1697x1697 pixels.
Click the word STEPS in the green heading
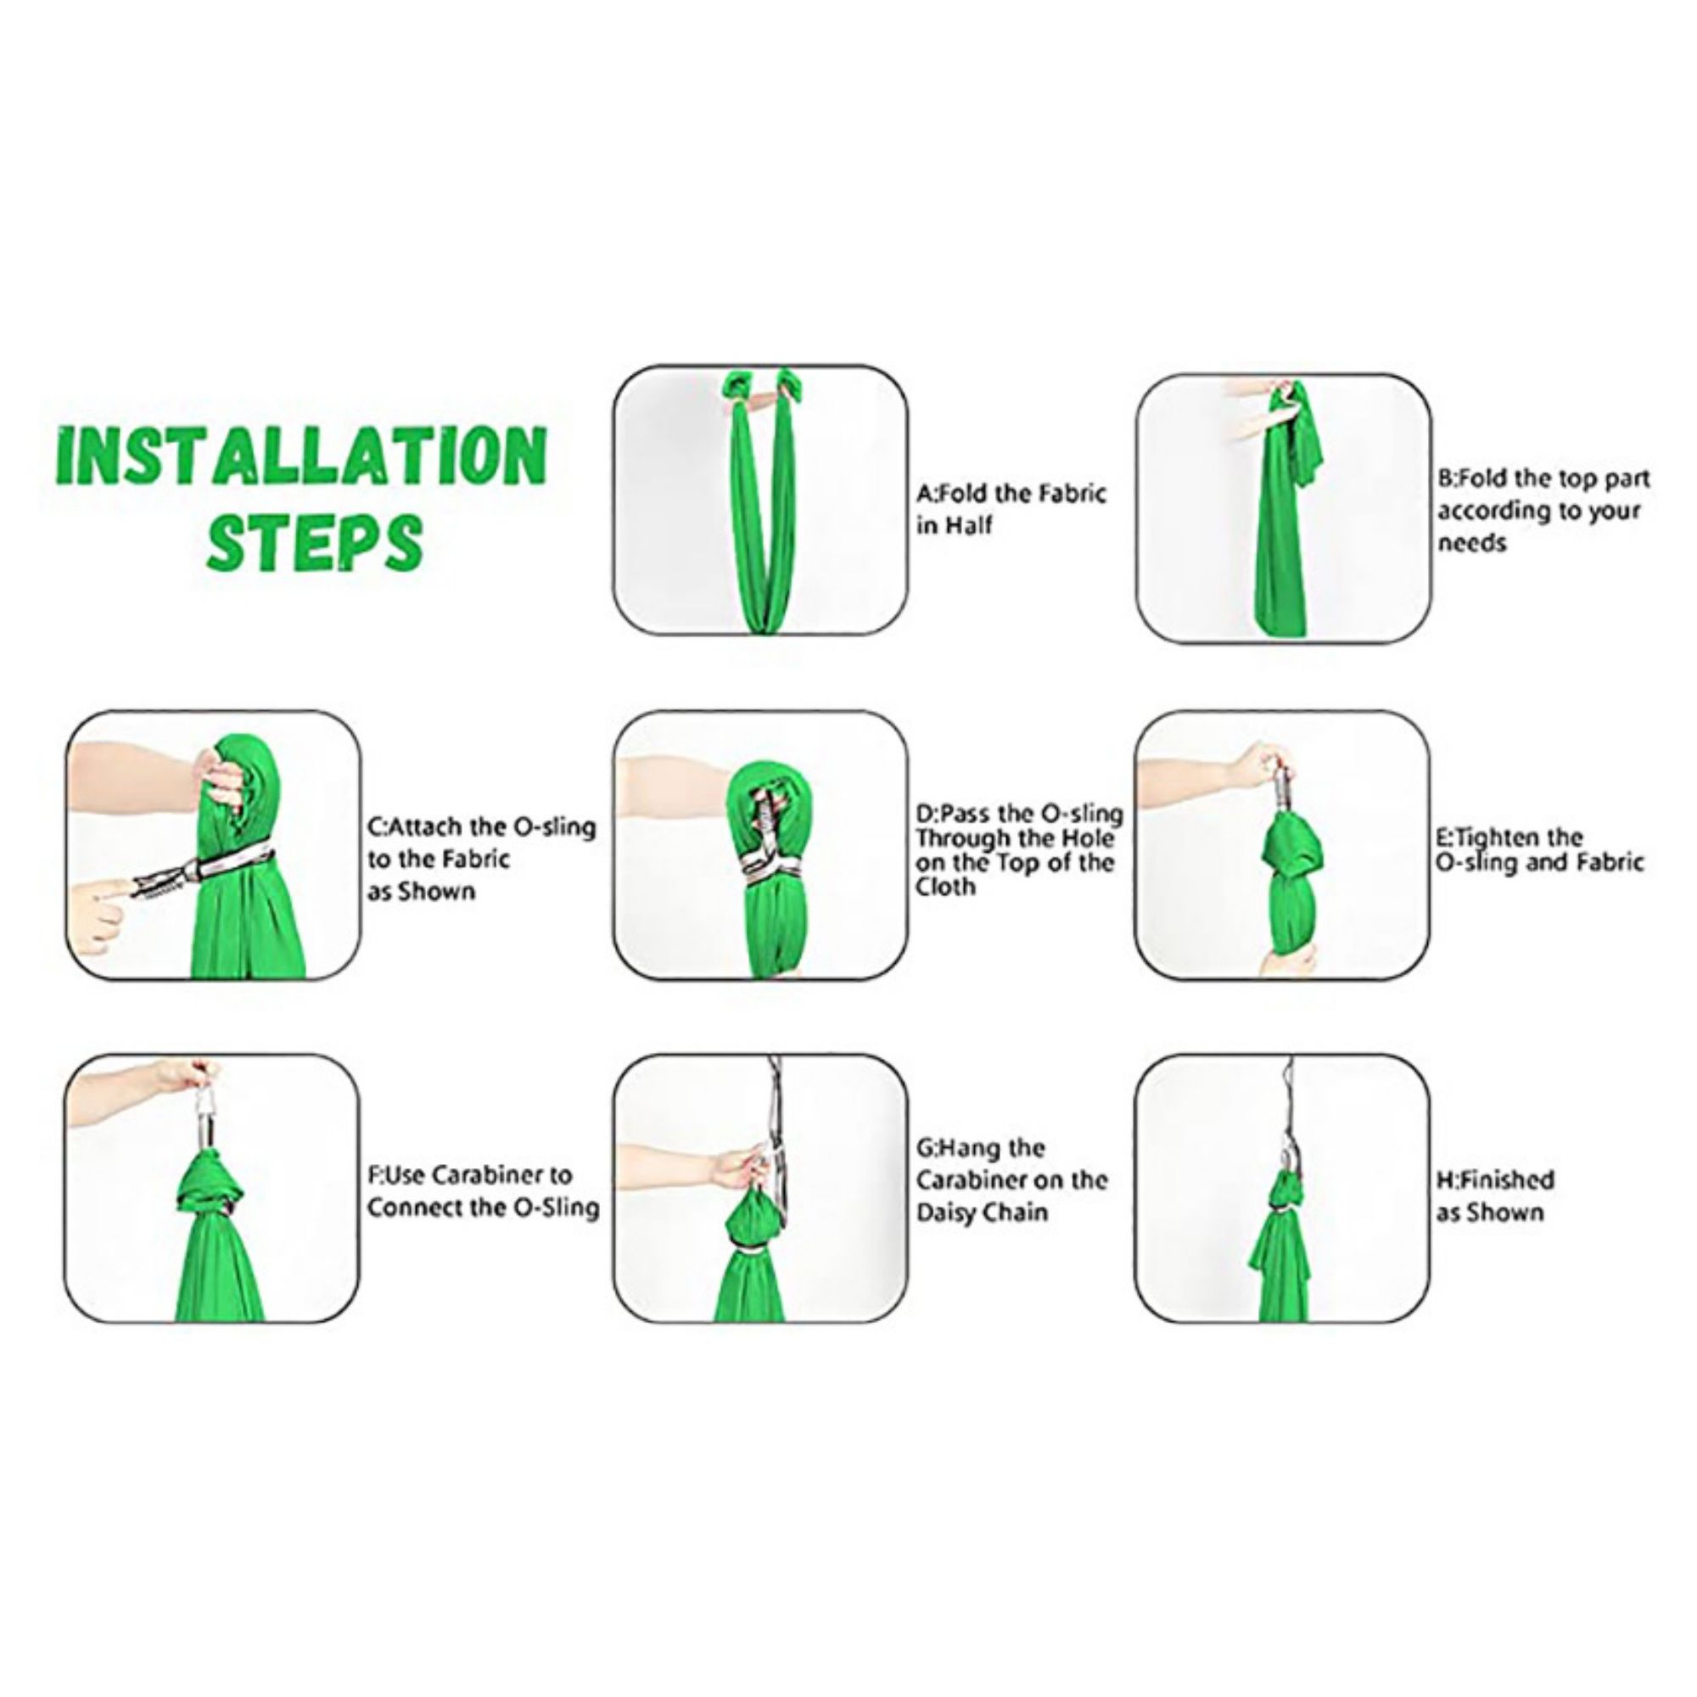coord(315,543)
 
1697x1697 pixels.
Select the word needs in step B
coord(1472,543)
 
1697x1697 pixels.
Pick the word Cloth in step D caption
coord(945,888)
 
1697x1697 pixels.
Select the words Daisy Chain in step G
coord(982,1213)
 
